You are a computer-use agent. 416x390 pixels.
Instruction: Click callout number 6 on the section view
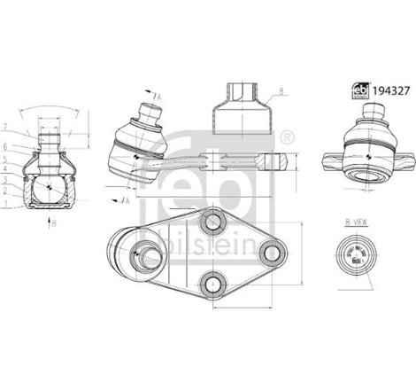(28, 146)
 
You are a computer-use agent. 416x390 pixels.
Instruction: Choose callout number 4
(28, 167)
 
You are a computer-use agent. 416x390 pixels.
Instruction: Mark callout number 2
(28, 190)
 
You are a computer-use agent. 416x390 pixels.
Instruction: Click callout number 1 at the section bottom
(28, 203)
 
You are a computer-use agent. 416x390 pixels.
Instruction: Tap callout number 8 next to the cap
(280, 91)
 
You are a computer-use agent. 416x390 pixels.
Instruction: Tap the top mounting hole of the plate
(212, 219)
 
